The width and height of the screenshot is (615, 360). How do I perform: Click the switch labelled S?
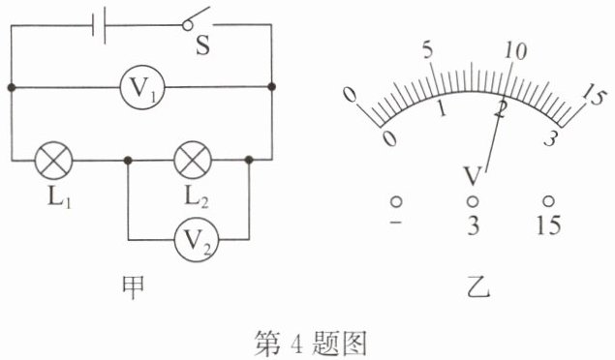[x=199, y=18]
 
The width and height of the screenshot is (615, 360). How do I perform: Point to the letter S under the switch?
[x=202, y=45]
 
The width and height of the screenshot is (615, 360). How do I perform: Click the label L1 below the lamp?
[x=59, y=197]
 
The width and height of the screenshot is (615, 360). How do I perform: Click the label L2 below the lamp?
[x=197, y=197]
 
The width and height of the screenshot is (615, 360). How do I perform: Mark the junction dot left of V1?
[x=12, y=87]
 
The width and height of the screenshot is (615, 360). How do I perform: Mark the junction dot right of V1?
[x=271, y=86]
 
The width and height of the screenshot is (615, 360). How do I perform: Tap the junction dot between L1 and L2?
[x=128, y=161]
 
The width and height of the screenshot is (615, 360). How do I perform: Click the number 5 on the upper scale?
[x=428, y=51]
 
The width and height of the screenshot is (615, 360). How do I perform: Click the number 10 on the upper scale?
[x=515, y=51]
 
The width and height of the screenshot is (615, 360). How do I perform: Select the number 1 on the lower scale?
[x=442, y=108]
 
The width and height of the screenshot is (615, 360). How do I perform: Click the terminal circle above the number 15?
[x=548, y=201]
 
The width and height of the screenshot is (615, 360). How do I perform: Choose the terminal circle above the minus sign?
[x=396, y=201]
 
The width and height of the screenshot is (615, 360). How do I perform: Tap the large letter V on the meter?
[x=473, y=176]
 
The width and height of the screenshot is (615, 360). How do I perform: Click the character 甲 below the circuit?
[x=134, y=287]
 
